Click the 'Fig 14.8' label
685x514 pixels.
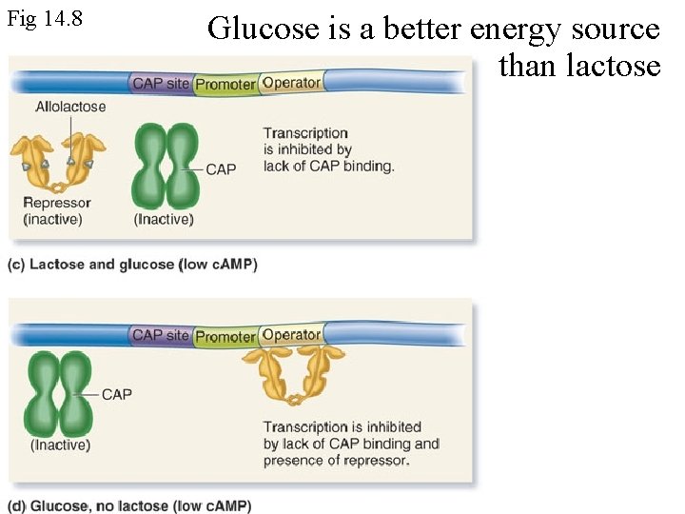click(x=44, y=18)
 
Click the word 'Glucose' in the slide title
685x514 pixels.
click(x=263, y=29)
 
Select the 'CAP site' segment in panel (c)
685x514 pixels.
click(x=161, y=84)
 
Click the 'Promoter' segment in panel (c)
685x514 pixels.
click(x=225, y=85)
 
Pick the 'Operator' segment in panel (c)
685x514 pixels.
click(x=291, y=83)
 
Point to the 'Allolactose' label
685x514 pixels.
click(x=69, y=108)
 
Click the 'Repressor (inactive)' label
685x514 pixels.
click(x=56, y=211)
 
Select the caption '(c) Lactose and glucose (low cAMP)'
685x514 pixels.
click(x=132, y=264)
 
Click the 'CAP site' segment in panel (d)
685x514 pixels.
click(x=161, y=335)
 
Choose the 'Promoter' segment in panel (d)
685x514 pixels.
click(x=225, y=336)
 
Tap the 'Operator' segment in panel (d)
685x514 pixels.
click(x=291, y=334)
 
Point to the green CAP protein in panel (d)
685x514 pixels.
click(x=59, y=393)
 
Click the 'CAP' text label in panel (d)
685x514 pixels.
click(x=116, y=394)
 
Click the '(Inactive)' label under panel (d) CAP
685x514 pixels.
click(x=60, y=445)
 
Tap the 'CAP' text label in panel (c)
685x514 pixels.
click(x=221, y=169)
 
